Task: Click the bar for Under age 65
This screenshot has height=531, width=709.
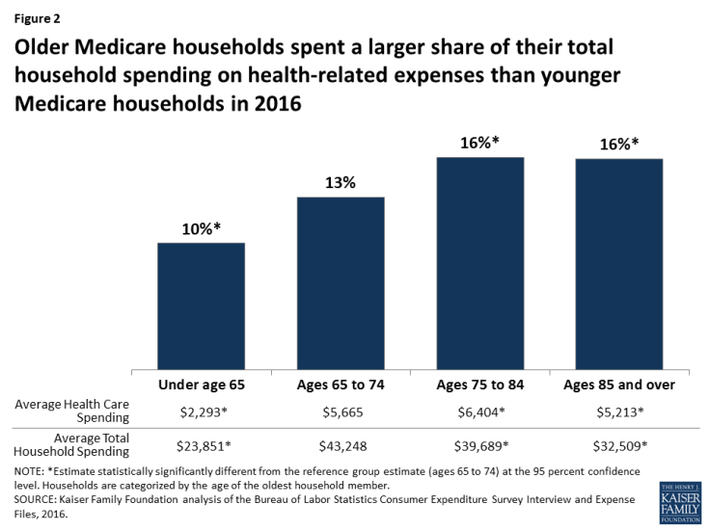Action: (x=201, y=305)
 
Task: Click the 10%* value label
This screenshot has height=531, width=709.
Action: (x=202, y=229)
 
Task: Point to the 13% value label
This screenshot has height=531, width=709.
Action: (x=341, y=183)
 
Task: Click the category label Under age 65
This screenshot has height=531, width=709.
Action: (x=201, y=385)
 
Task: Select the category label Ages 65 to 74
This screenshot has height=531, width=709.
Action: (x=341, y=385)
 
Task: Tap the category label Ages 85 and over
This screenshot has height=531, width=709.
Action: (x=619, y=385)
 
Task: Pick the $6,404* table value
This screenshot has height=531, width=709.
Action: (x=480, y=412)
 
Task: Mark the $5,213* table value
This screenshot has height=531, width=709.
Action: (x=619, y=412)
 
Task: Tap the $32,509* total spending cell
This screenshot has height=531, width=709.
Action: (x=619, y=446)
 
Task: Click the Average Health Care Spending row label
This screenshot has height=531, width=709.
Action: (x=75, y=412)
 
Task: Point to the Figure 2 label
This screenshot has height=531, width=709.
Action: (x=34, y=17)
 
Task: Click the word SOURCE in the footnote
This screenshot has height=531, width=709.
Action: (x=30, y=501)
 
